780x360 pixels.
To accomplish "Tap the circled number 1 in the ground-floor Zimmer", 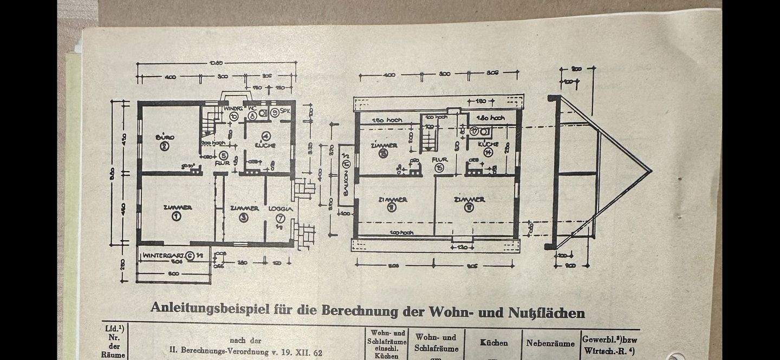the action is (176, 216).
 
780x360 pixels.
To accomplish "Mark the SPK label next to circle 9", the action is (285, 112).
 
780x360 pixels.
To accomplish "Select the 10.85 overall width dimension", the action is (215, 63).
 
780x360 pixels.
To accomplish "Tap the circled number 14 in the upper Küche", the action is (488, 153).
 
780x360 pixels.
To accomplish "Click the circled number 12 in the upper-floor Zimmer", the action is (469, 207).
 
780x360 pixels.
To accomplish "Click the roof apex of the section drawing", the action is (650, 171).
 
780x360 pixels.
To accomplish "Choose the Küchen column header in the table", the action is (493, 343).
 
